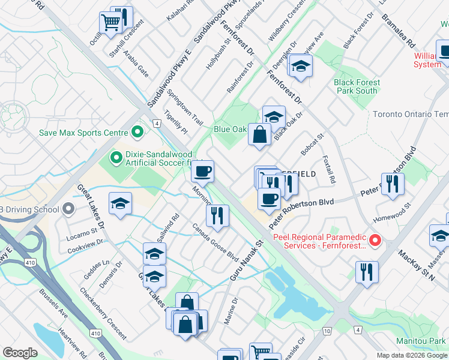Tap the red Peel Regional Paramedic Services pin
376,241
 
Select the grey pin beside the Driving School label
68,209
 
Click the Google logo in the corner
19,353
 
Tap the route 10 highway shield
327,331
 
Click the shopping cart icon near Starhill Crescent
110,23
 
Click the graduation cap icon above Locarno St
120,204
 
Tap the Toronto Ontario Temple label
410,114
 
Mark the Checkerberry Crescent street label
103,312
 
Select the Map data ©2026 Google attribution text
411,355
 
